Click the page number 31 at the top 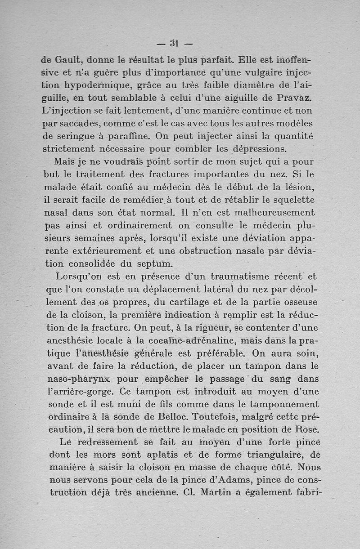click(x=175, y=44)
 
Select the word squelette click(x=289, y=199)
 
